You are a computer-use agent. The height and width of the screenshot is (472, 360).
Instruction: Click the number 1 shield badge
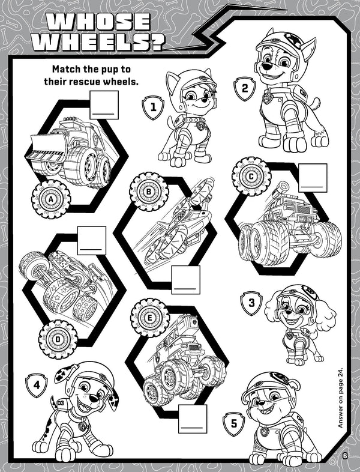pyautogui.click(x=153, y=107)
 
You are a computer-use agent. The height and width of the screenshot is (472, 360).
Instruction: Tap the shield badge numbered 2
pyautogui.click(x=245, y=88)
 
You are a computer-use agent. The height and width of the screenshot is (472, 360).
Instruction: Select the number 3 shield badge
pyautogui.click(x=251, y=303)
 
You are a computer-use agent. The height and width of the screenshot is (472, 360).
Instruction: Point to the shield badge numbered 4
pyautogui.click(x=37, y=386)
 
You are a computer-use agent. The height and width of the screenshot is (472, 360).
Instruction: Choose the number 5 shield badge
pyautogui.click(x=234, y=424)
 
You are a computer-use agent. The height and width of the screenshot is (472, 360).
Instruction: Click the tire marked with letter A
pyautogui.click(x=51, y=199)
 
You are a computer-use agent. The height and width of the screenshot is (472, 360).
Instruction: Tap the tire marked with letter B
pyautogui.click(x=149, y=192)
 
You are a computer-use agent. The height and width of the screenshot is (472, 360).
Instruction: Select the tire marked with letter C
pyautogui.click(x=251, y=177)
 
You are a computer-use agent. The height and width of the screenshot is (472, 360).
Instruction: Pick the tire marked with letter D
pyautogui.click(x=58, y=339)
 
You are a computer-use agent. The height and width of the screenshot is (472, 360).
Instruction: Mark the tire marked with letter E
pyautogui.click(x=150, y=318)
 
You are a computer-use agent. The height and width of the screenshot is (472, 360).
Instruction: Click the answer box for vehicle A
pyautogui.click(x=104, y=105)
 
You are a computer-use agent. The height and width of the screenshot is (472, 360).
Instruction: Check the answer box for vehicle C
pyautogui.click(x=313, y=178)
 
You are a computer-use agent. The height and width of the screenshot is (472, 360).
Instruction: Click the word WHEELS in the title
pyautogui.click(x=98, y=42)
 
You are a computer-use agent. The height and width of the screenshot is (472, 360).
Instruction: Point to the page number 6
pyautogui.click(x=344, y=456)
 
